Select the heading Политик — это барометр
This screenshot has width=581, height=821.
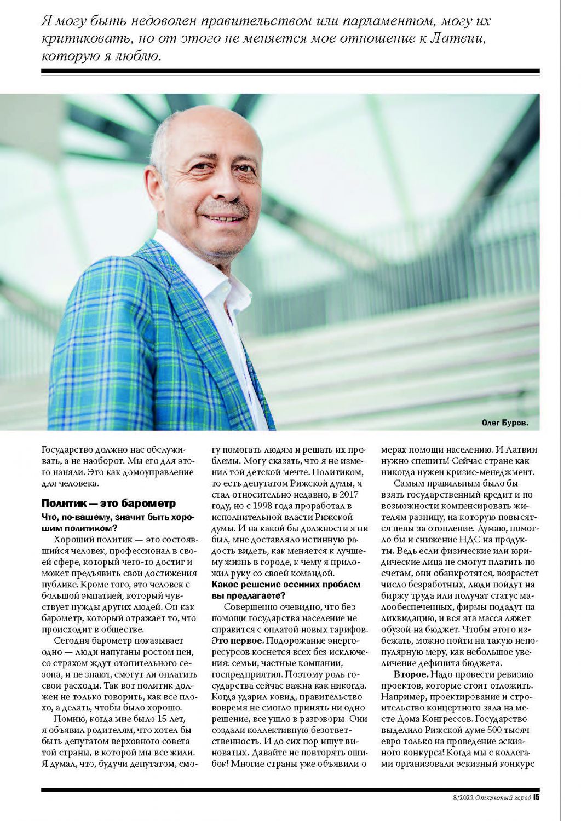point(108,503)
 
